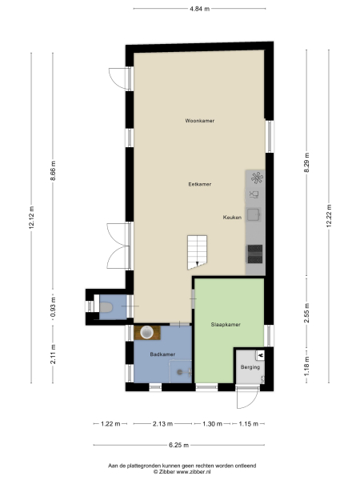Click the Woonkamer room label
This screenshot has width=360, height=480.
click(x=199, y=121)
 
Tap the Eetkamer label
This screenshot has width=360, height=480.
click(x=199, y=184)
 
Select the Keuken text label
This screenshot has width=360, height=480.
click(x=232, y=217)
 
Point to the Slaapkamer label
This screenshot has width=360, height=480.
click(x=226, y=325)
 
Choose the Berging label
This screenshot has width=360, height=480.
click(x=250, y=367)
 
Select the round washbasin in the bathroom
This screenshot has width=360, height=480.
click(x=147, y=331)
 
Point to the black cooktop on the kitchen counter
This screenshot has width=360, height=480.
click(x=255, y=254)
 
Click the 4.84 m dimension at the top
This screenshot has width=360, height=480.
click(x=200, y=9)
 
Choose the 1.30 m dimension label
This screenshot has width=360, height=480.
click(x=212, y=423)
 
